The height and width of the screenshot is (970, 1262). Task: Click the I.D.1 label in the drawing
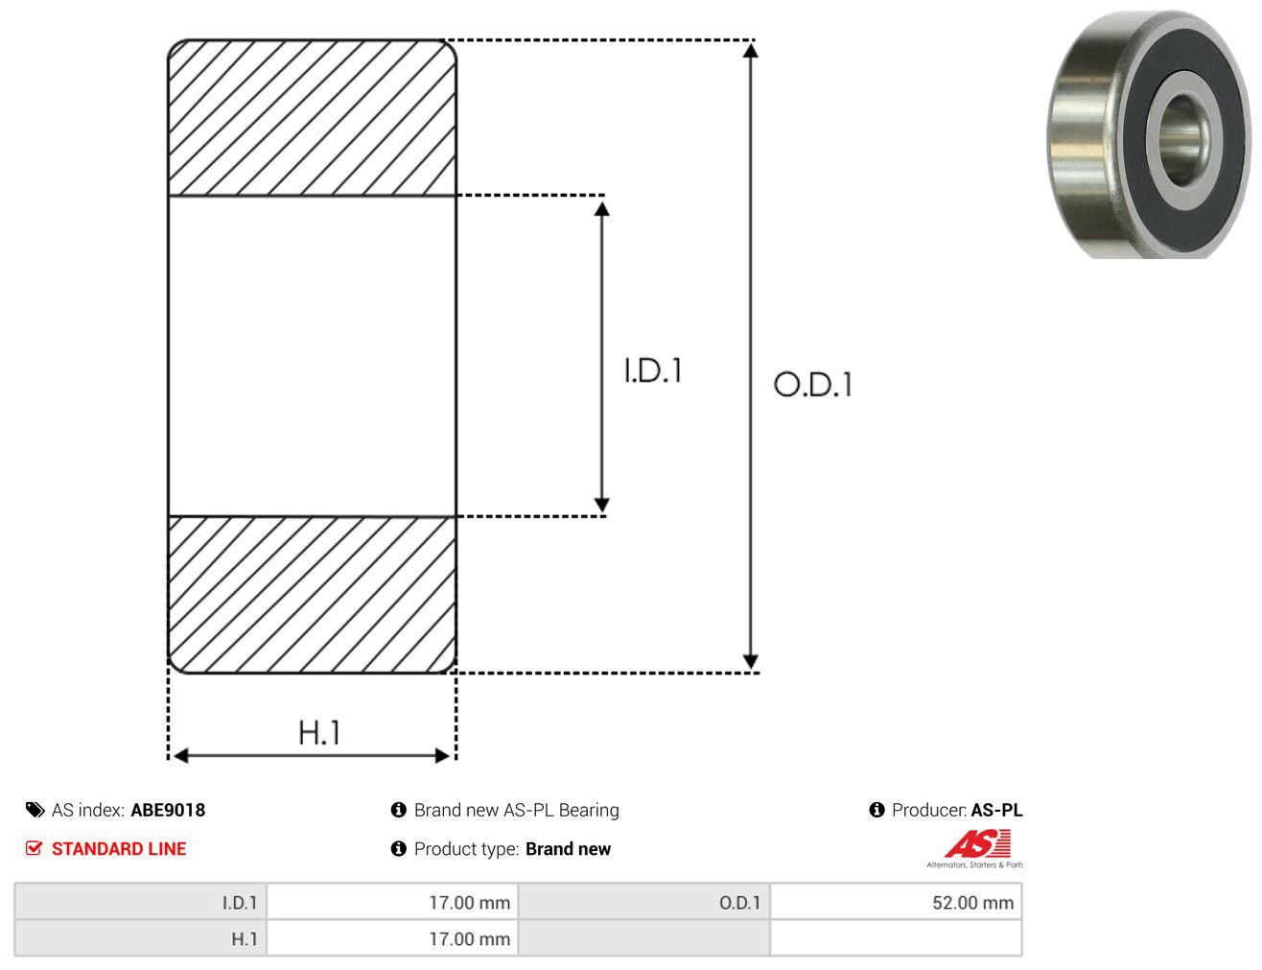(653, 370)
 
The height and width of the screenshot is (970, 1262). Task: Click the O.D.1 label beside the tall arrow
(812, 385)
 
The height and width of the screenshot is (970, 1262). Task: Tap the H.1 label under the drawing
(318, 732)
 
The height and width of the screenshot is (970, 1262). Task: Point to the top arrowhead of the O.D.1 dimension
(750, 51)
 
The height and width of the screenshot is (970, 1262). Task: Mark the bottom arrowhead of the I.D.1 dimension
(601, 505)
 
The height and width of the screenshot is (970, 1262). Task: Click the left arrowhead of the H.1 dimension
(181, 755)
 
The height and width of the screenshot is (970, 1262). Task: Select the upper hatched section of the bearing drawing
(312, 118)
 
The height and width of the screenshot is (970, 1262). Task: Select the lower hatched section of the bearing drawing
(312, 594)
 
